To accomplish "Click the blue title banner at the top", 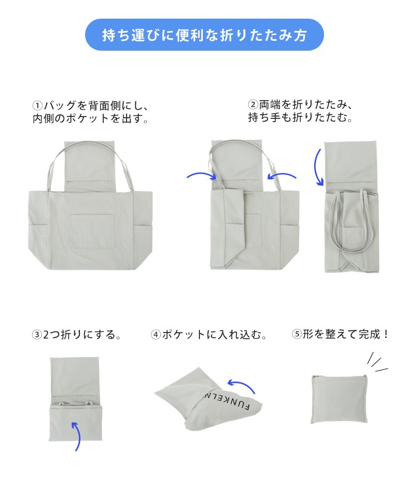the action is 205,35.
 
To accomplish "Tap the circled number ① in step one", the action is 37,105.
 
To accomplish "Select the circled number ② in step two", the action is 252,104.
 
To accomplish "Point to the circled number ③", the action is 37,335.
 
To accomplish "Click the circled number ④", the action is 156,335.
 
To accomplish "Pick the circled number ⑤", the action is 297,334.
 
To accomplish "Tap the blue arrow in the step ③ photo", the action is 76,436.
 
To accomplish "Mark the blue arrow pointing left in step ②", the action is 282,175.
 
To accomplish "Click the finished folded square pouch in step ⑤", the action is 338,399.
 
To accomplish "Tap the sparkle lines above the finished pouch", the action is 377,363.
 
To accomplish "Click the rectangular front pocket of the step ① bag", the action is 92,231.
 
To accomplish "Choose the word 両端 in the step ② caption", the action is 269,104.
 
